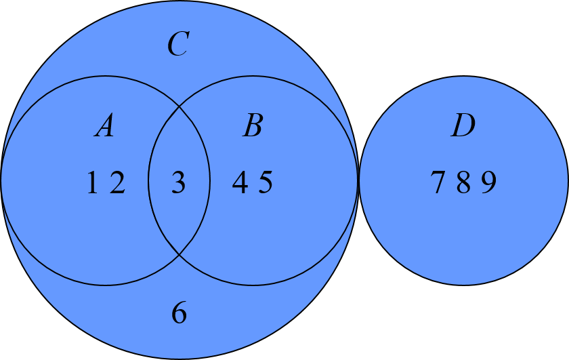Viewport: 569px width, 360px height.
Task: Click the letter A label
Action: (x=104, y=126)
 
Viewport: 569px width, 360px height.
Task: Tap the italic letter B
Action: (x=252, y=126)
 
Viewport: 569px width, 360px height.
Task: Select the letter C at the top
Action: (x=177, y=45)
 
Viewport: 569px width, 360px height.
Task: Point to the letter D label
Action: (x=463, y=126)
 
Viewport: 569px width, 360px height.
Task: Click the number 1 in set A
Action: (x=93, y=183)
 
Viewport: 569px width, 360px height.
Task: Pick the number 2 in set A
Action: (x=117, y=183)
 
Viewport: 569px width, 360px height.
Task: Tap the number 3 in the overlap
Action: (x=178, y=183)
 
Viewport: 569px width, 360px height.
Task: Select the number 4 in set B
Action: (x=240, y=183)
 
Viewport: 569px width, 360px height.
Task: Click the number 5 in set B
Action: (x=265, y=183)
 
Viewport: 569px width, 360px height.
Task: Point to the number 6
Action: (x=179, y=313)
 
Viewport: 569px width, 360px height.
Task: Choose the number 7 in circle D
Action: (x=438, y=183)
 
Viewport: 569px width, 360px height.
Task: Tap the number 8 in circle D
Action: (x=463, y=183)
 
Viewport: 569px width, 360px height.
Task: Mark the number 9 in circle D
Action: (x=488, y=183)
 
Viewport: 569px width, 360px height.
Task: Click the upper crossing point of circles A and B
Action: (x=179, y=106)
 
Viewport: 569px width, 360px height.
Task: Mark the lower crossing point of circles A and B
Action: (x=179, y=254)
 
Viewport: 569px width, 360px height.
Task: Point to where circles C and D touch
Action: (x=358, y=180)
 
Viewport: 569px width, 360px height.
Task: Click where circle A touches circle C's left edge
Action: (x=2, y=180)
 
